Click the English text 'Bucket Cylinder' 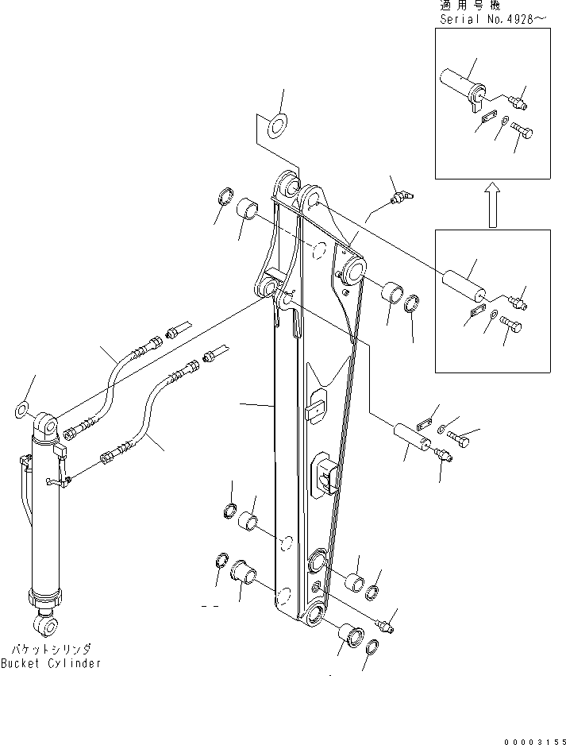tap(51, 664)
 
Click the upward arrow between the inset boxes tap(492, 203)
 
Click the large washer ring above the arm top tap(276, 123)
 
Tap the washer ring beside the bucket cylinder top tap(23, 411)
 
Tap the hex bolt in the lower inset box tap(511, 324)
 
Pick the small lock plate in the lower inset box tap(478, 312)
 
